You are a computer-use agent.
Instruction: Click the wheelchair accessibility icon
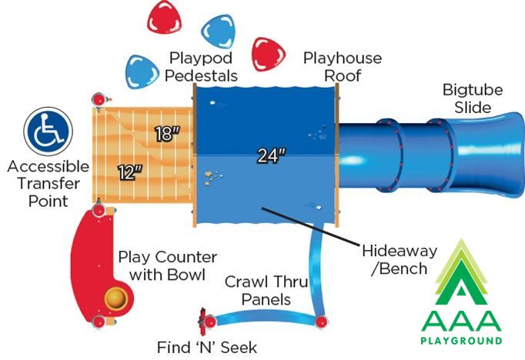point(48,131)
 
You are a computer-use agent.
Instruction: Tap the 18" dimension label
point(167,134)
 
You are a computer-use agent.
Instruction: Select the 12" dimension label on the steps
point(131,172)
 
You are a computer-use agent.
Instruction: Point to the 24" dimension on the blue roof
point(272,155)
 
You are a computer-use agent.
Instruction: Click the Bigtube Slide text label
point(473,98)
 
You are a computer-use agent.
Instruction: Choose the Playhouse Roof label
point(343,67)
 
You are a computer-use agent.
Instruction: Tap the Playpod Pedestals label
point(201,67)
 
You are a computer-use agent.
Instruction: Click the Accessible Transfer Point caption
point(48,184)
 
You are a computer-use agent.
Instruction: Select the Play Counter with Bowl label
point(167,266)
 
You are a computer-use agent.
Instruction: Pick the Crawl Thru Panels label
point(266,291)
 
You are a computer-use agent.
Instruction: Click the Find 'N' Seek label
point(207,347)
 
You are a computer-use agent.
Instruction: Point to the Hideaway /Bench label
point(400,260)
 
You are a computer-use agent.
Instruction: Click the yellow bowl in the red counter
point(116,298)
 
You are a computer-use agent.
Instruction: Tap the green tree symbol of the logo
point(461,272)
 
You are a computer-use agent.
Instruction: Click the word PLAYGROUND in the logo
point(461,341)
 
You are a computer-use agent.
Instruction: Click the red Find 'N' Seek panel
point(202,322)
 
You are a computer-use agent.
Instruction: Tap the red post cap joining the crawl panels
point(321,322)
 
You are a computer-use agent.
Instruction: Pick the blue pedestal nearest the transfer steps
point(142,72)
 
